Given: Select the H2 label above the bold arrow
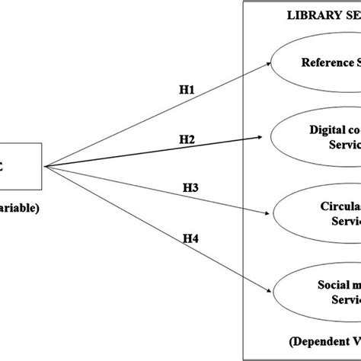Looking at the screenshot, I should click(186, 139).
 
